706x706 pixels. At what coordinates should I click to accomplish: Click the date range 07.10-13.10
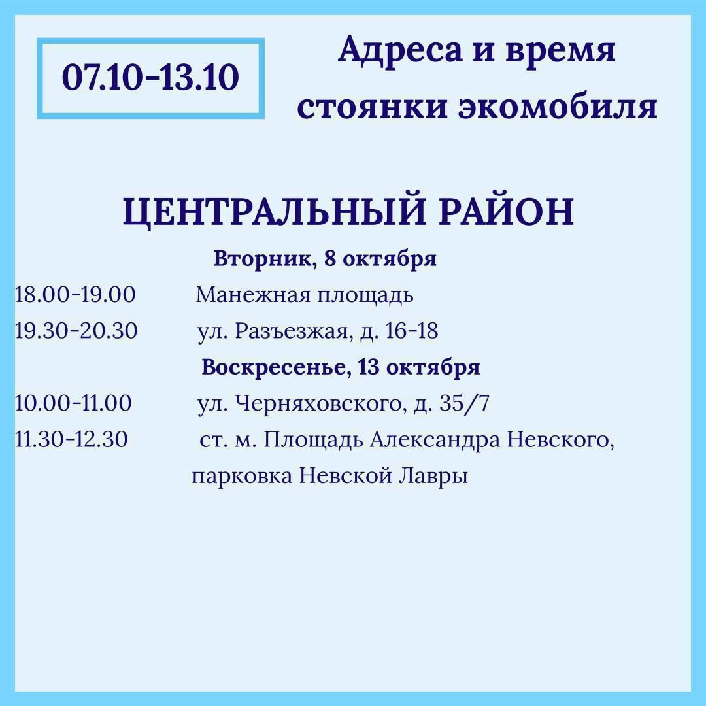tap(150, 77)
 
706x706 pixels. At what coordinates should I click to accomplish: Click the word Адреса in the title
tap(400, 50)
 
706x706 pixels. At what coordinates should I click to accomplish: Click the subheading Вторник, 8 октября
tap(325, 259)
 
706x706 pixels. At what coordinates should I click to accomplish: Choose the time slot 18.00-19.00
tap(75, 295)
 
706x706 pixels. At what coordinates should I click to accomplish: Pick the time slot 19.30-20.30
tap(76, 331)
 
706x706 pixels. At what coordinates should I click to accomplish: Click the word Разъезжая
tap(292, 331)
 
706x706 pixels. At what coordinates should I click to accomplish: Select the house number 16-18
tap(412, 331)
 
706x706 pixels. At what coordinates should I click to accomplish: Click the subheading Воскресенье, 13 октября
tap(341, 367)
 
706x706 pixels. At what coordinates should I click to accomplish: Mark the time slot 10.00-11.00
tap(73, 403)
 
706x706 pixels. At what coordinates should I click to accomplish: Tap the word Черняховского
tap(318, 403)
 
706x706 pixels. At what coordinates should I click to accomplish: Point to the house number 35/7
tap(464, 403)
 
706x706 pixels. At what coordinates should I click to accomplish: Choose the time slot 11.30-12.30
tap(71, 439)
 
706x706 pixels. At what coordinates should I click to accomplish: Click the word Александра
tap(435, 440)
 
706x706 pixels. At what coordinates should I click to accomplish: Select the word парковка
tap(243, 477)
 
